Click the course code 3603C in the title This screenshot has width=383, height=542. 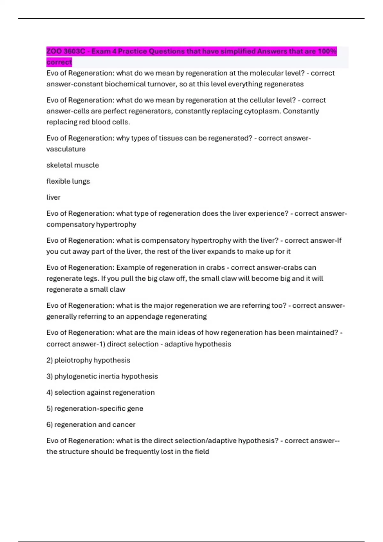(74, 51)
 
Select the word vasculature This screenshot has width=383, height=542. (66, 149)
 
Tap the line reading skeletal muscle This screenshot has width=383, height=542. (73, 165)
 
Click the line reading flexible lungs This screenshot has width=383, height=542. (68, 181)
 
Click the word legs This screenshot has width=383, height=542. (91, 279)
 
